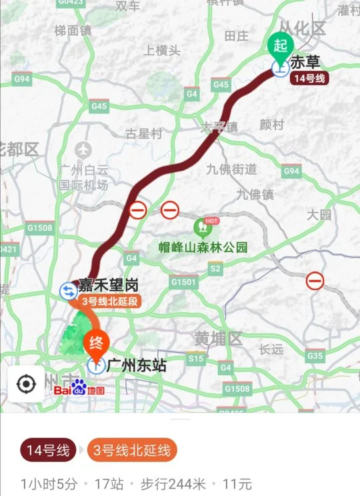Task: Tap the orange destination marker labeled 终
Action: click(x=95, y=343)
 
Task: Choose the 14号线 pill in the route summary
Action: click(x=48, y=451)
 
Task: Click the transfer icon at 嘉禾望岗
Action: click(x=69, y=290)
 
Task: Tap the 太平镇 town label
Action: click(x=220, y=126)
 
